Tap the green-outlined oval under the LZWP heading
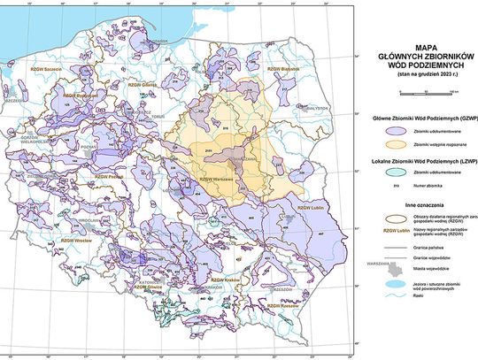pyautogui.click(x=374, y=174)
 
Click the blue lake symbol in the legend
pyautogui.click(x=374, y=284)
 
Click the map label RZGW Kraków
pyautogui.click(x=212, y=278)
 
